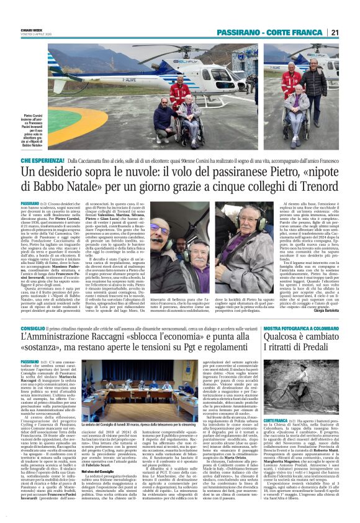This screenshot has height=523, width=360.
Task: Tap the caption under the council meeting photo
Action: tap(143, 439)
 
